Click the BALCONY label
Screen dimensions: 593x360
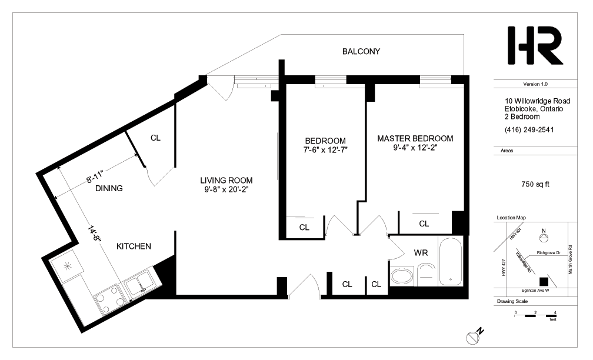click(361, 51)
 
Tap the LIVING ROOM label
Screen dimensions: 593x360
click(226, 181)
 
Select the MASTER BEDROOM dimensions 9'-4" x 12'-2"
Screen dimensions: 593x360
click(415, 148)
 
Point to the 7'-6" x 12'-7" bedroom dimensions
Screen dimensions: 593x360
click(325, 150)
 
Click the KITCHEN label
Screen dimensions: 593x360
click(134, 246)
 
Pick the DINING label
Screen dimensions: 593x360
click(109, 188)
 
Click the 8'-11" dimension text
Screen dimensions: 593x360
click(95, 176)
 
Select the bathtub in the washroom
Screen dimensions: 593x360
click(451, 261)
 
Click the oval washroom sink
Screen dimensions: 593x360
click(402, 276)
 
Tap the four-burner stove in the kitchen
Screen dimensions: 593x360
click(110, 299)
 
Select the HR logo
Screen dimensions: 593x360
click(535, 45)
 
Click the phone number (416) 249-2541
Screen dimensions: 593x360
click(529, 129)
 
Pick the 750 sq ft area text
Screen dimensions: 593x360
click(535, 184)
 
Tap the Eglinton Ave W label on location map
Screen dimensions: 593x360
click(535, 291)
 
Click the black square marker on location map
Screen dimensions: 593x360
click(544, 282)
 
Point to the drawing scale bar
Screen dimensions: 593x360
click(535, 315)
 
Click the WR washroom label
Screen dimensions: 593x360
click(421, 252)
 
